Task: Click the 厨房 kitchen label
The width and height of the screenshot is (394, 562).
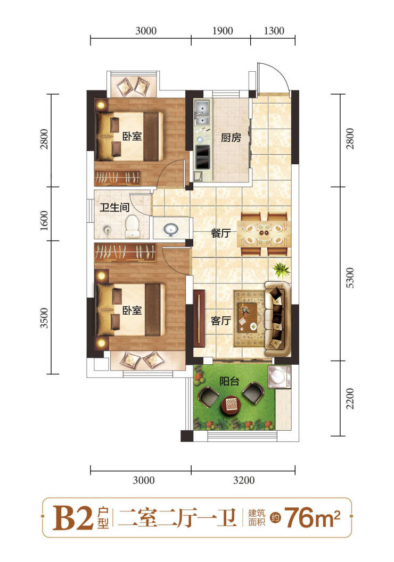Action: pyautogui.click(x=231, y=138)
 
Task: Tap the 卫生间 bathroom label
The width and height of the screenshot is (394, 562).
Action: pyautogui.click(x=114, y=207)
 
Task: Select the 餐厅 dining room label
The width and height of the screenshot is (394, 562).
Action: pyautogui.click(x=220, y=233)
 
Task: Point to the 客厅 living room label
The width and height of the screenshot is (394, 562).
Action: pyautogui.click(x=220, y=321)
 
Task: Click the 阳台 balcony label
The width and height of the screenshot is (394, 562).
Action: pyautogui.click(x=229, y=381)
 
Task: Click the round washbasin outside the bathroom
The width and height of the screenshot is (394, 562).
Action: pyautogui.click(x=171, y=229)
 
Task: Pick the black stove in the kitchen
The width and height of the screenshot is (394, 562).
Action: pyautogui.click(x=203, y=157)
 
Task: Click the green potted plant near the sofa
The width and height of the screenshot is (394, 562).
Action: pyautogui.click(x=281, y=269)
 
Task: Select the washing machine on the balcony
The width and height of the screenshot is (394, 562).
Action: pyautogui.click(x=280, y=376)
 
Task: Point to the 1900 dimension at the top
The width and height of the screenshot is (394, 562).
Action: pyautogui.click(x=223, y=31)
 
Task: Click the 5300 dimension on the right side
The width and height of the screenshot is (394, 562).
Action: pyautogui.click(x=350, y=278)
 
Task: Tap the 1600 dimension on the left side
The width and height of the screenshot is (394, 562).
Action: pyautogui.click(x=44, y=221)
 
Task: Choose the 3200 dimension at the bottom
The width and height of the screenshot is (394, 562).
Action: pyautogui.click(x=244, y=480)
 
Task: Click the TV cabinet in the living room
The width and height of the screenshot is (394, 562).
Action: pyautogui.click(x=199, y=318)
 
